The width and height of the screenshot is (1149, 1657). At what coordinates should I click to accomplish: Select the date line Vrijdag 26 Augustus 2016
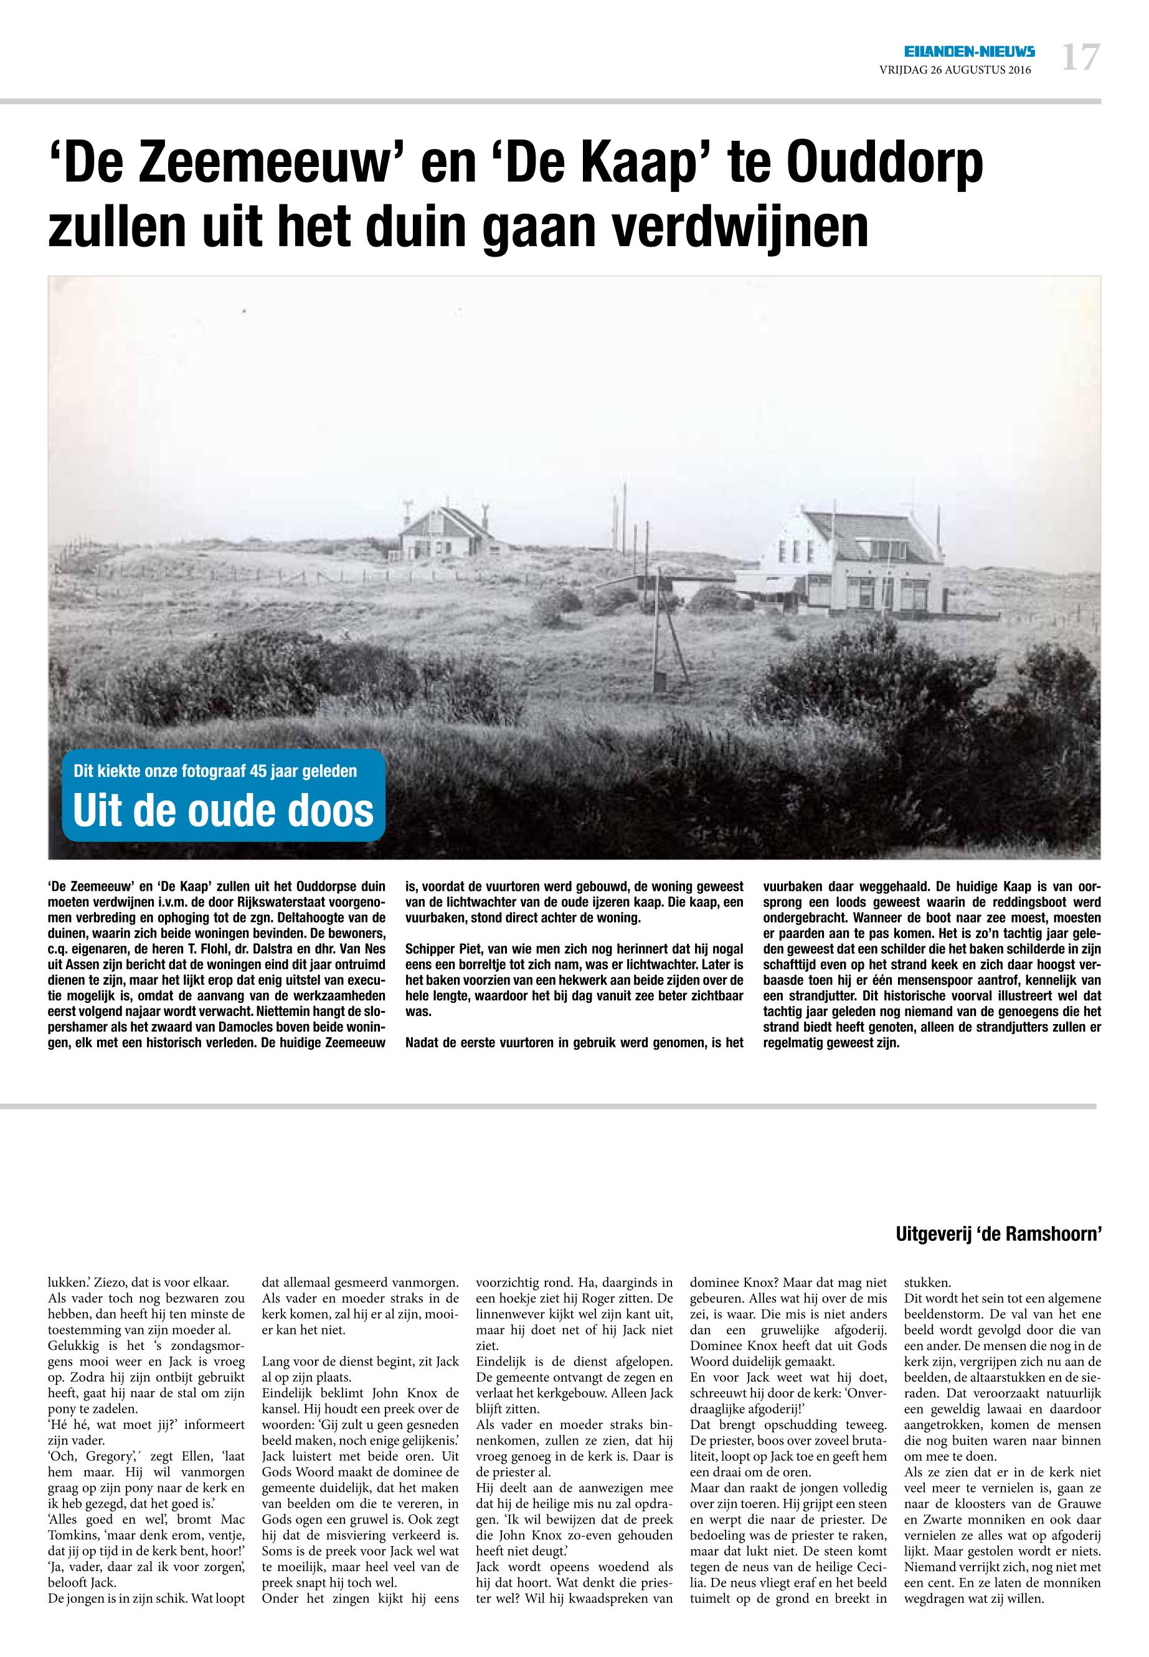pyautogui.click(x=955, y=70)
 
